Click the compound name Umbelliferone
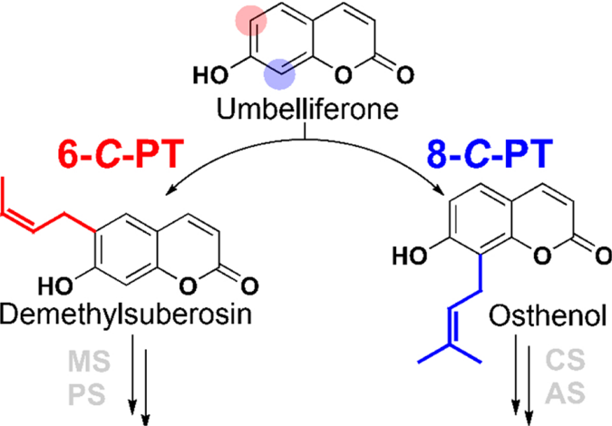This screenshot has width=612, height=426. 308,111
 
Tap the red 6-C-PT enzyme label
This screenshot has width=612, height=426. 121,156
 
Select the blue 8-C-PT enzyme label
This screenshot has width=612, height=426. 491,156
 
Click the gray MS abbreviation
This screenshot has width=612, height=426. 89,362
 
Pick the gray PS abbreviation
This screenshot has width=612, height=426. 87,395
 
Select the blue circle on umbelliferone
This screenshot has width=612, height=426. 279,75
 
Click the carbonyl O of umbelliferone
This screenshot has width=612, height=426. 404,75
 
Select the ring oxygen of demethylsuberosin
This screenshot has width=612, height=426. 188,287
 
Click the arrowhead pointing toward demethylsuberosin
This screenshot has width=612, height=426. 170,191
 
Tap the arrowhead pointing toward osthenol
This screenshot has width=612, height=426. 441,191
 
